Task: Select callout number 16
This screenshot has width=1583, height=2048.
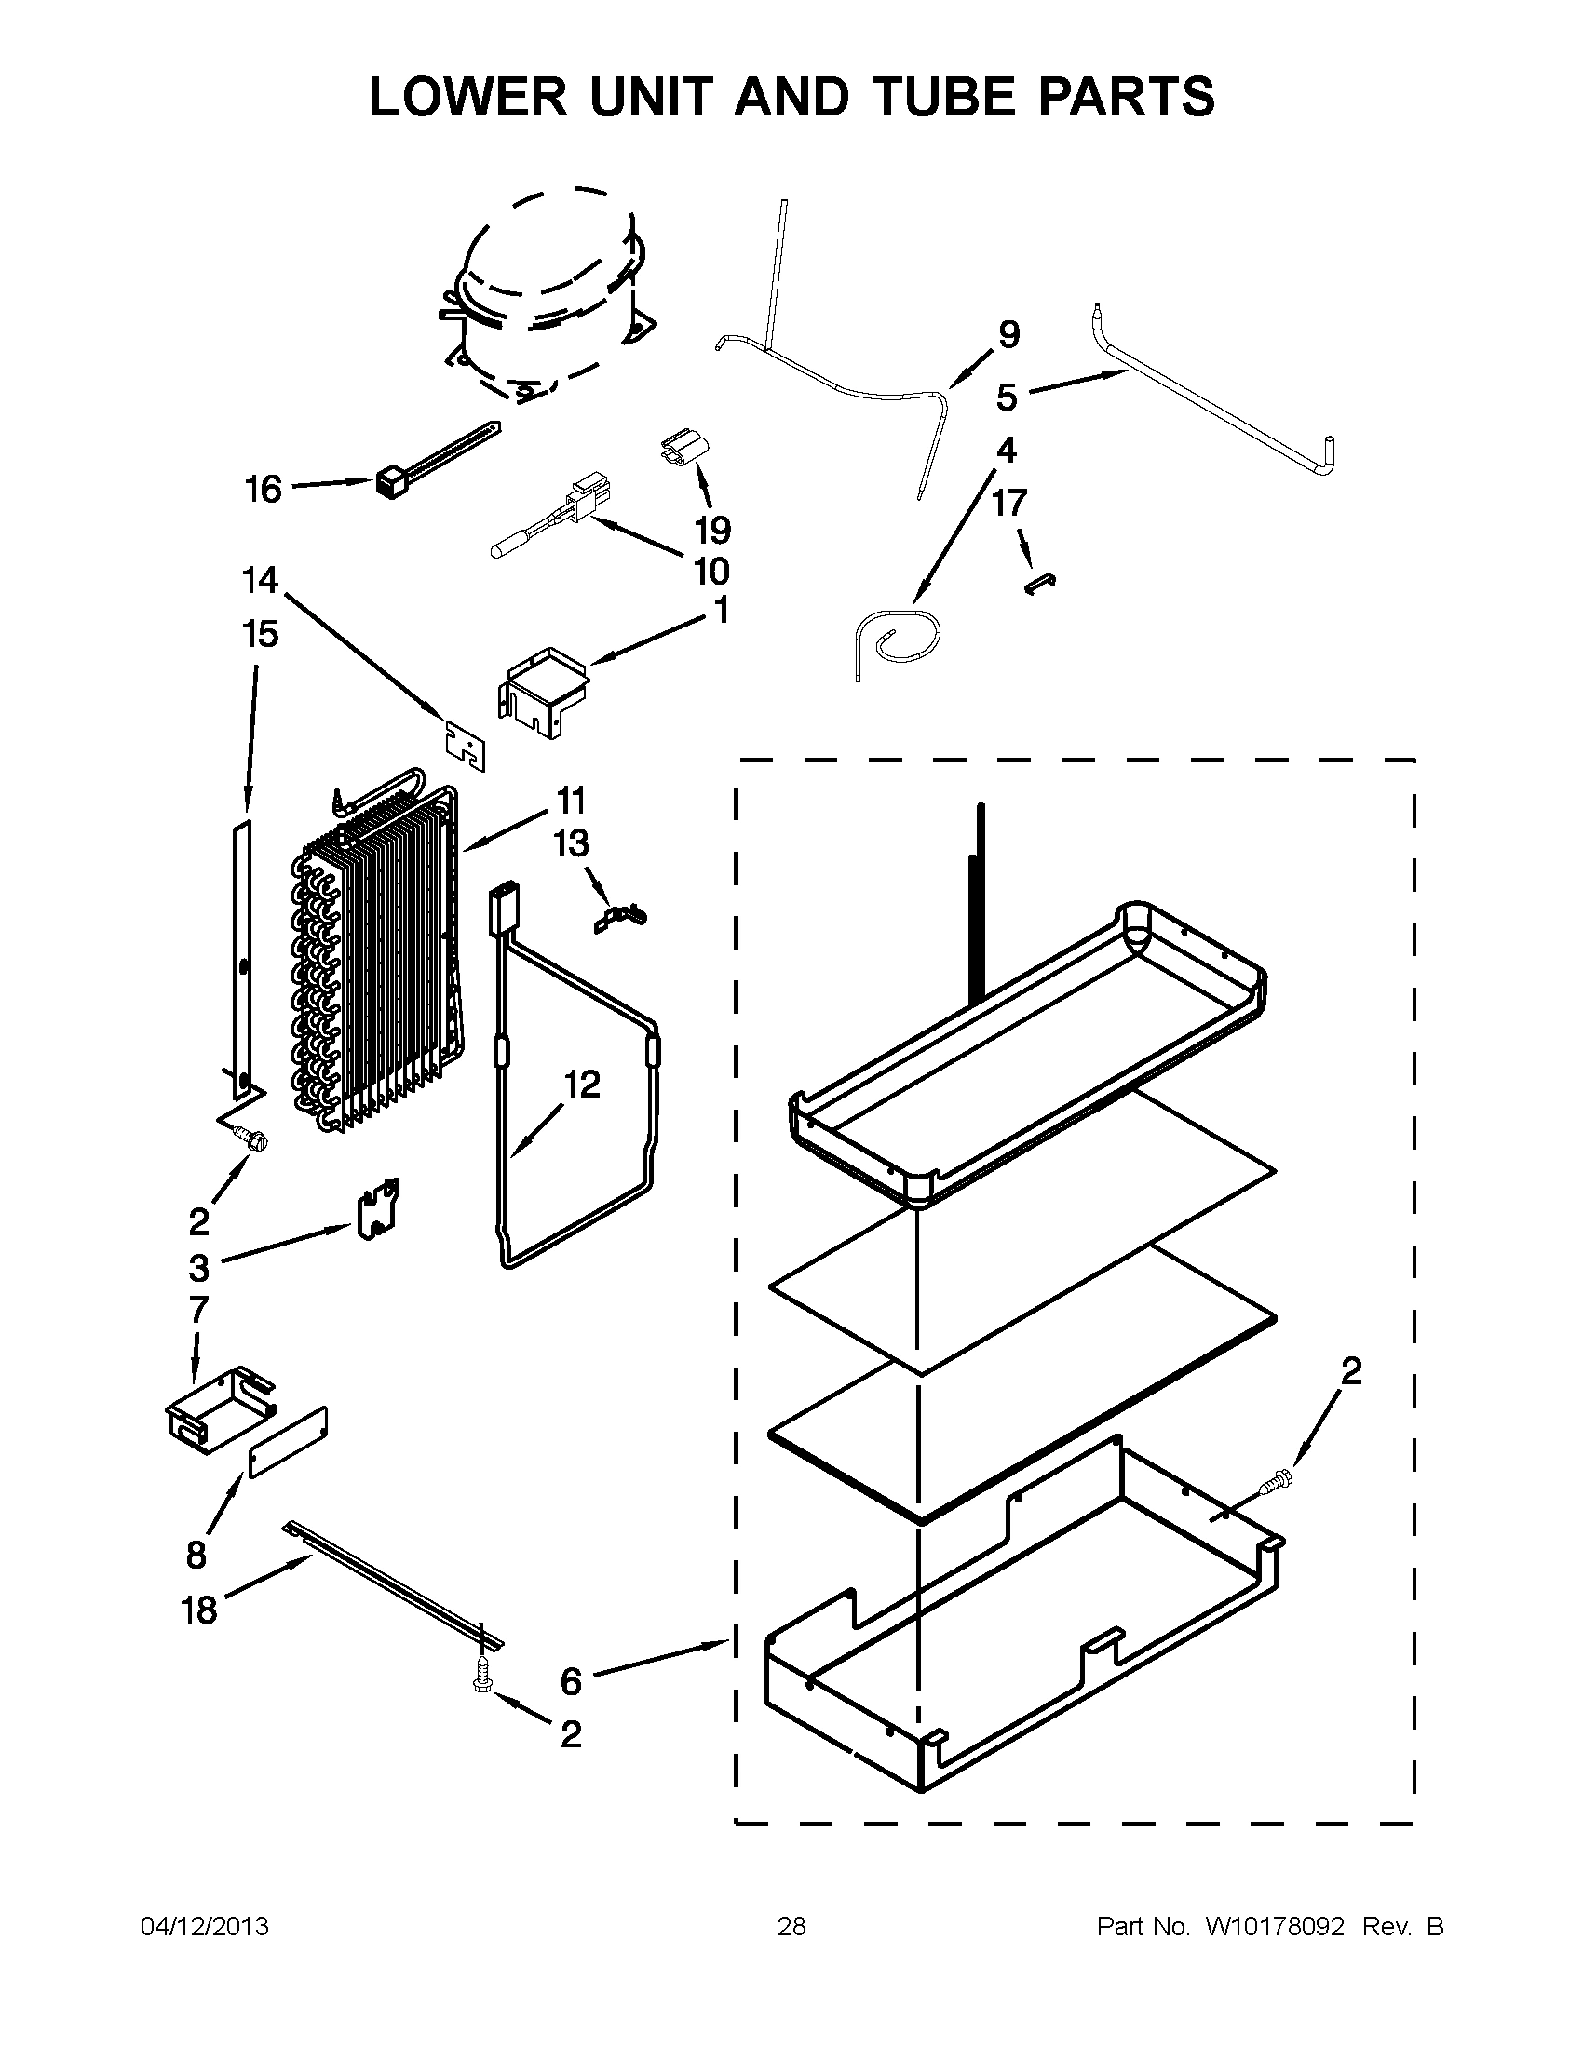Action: pyautogui.click(x=264, y=489)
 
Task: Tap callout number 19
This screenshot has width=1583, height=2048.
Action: pyautogui.click(x=712, y=530)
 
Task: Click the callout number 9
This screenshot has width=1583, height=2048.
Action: pyautogui.click(x=1008, y=335)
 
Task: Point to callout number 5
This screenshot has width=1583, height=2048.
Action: pyautogui.click(x=1007, y=397)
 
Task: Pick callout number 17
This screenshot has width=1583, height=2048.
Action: pyautogui.click(x=1009, y=504)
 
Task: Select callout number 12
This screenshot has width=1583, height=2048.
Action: pyautogui.click(x=581, y=1085)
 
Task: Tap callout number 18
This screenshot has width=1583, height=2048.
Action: pyautogui.click(x=199, y=1610)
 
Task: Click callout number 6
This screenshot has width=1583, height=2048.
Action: pyautogui.click(x=571, y=1681)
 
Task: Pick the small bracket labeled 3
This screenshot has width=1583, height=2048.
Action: pyautogui.click(x=379, y=1209)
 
